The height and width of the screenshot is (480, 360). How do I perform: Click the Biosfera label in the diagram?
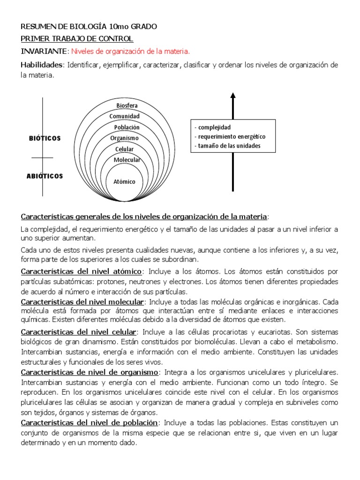127,105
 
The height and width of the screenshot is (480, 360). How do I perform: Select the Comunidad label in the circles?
125,116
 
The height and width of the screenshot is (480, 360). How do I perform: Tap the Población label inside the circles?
127,127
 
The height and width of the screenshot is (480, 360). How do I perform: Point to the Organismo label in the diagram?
124,138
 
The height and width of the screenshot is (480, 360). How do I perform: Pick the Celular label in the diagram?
124,149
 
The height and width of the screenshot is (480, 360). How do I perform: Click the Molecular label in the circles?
127,160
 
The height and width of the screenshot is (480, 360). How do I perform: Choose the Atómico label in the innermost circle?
125,181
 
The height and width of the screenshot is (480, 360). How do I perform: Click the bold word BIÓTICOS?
45,139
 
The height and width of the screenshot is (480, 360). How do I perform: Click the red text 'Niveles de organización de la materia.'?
131,51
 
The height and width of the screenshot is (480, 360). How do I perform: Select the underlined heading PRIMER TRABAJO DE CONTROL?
77,39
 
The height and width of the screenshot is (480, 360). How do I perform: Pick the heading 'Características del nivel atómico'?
82,271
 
